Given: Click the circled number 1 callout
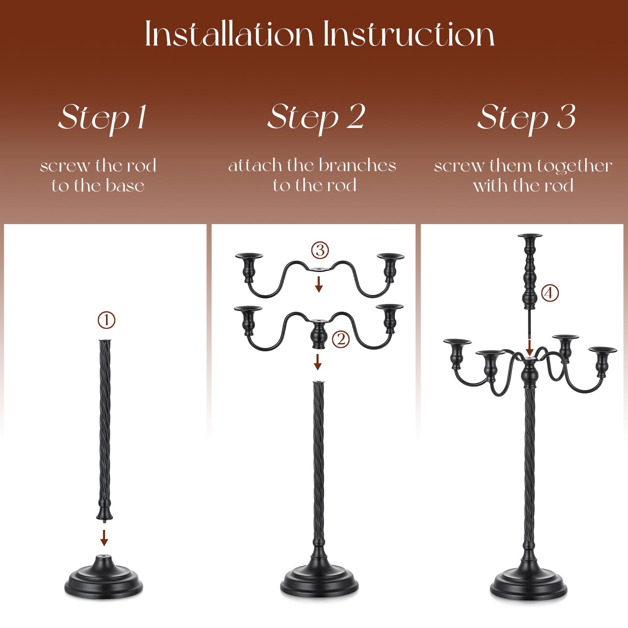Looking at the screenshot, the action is [x=106, y=320].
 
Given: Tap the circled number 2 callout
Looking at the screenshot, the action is [x=341, y=339].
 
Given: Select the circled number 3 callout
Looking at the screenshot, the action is [x=320, y=250].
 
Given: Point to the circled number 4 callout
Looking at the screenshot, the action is [x=549, y=293].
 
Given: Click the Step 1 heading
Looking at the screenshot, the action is [x=103, y=118].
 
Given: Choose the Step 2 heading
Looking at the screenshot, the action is [x=316, y=118].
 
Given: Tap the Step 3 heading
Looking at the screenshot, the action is [x=526, y=118].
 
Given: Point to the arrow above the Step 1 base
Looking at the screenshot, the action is [x=104, y=537].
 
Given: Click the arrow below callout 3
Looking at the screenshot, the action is [x=319, y=284].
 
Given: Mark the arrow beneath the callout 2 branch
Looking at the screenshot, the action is [x=318, y=362].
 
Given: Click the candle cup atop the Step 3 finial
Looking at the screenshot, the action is [x=530, y=240].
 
